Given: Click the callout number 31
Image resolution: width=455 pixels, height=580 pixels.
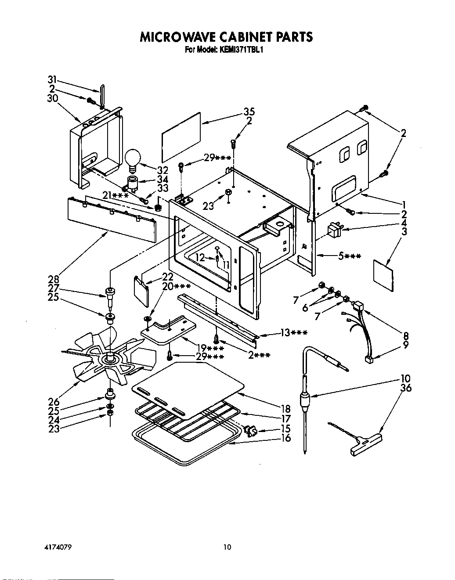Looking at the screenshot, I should tap(53, 79).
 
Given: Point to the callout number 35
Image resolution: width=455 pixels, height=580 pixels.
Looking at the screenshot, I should tap(249, 112).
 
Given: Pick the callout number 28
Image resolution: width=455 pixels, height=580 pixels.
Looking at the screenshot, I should tap(53, 279).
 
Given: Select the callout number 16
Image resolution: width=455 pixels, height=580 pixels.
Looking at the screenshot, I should tap(285, 438).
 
